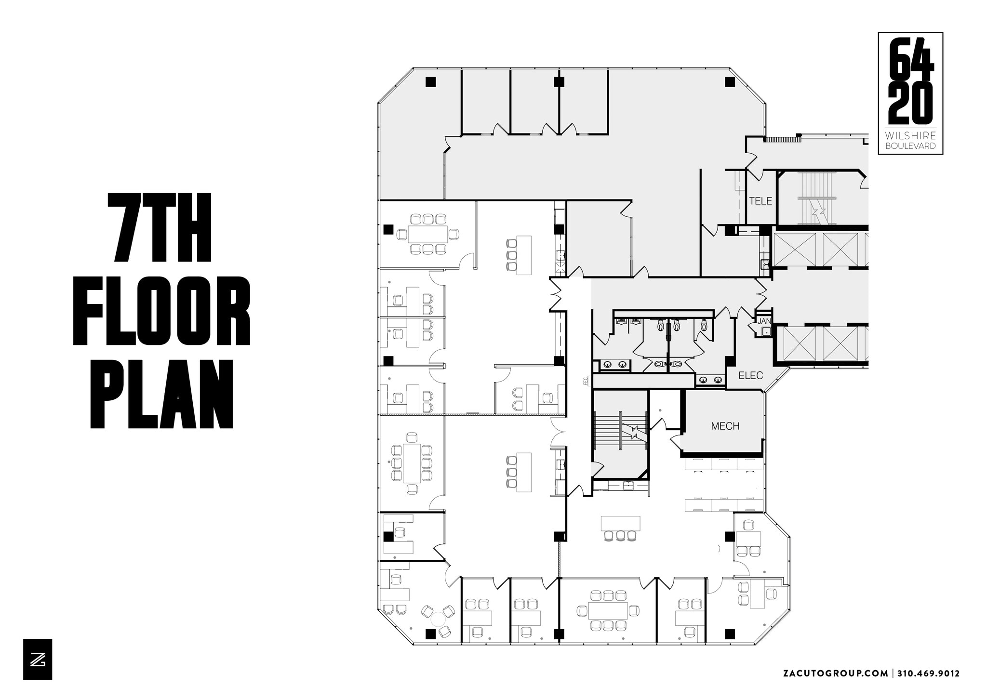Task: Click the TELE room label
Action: click(x=760, y=201)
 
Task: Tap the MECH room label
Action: click(x=725, y=426)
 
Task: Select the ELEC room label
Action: click(x=751, y=375)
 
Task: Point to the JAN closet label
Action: click(x=764, y=321)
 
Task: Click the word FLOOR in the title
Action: click(x=162, y=311)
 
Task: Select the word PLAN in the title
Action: click(x=162, y=394)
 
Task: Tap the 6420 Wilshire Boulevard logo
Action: click(x=910, y=93)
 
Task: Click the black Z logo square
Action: click(x=38, y=659)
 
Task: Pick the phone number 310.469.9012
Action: click(x=929, y=673)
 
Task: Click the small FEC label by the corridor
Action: click(x=586, y=381)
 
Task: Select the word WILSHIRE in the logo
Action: click(x=910, y=136)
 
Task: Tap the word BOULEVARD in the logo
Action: click(x=910, y=146)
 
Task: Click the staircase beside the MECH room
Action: click(x=620, y=430)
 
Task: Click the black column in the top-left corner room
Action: click(x=430, y=82)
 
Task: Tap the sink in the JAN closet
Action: click(x=765, y=331)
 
